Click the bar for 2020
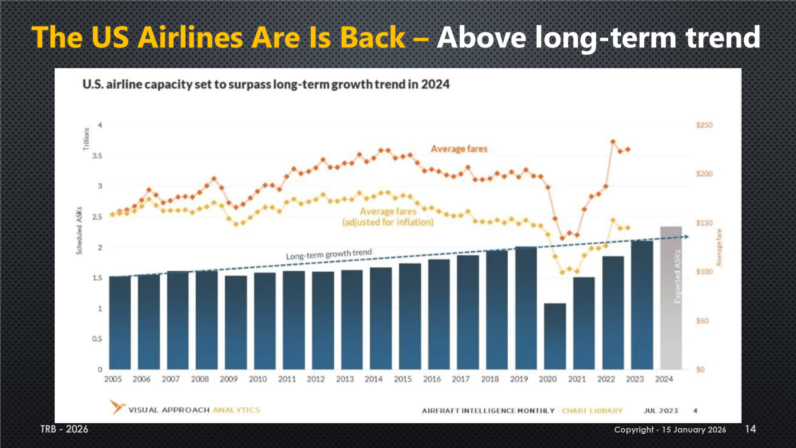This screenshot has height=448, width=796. click(x=555, y=336)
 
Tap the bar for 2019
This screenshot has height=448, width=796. click(x=526, y=308)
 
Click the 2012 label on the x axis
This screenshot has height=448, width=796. click(x=316, y=379)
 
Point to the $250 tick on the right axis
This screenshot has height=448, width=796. click(x=704, y=125)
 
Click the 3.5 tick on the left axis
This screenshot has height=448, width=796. click(x=97, y=156)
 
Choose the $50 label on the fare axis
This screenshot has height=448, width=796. click(x=702, y=321)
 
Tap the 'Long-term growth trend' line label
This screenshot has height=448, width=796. click(x=329, y=254)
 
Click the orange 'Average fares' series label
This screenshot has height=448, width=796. click(x=459, y=149)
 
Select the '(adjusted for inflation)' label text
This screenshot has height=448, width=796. click(x=388, y=222)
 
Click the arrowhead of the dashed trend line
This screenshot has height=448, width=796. click(x=687, y=237)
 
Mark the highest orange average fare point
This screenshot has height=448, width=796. click(x=613, y=142)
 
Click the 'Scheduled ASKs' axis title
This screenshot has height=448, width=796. click(x=79, y=231)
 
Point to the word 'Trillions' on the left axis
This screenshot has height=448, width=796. click(x=86, y=139)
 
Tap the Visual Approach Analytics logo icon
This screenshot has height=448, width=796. click(x=117, y=407)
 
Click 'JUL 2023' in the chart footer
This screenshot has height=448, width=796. click(x=661, y=411)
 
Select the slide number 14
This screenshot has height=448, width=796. click(x=750, y=429)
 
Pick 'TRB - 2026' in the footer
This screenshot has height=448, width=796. click(x=64, y=429)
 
